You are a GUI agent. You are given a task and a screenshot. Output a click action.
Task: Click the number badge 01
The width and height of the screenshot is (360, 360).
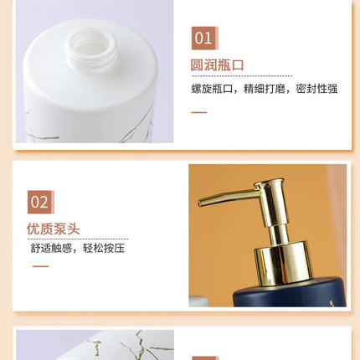click(x=205, y=39)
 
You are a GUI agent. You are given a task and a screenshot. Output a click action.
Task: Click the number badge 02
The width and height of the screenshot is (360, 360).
click(x=41, y=202)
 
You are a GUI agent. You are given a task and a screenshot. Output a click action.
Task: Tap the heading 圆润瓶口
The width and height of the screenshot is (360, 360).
click(x=217, y=65)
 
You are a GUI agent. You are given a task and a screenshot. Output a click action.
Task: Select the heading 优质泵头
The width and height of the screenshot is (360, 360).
click(x=54, y=229)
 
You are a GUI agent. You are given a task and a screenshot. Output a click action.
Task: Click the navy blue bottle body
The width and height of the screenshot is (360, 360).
click(x=291, y=293)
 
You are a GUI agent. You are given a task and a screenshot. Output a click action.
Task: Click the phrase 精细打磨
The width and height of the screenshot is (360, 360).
click(x=265, y=89)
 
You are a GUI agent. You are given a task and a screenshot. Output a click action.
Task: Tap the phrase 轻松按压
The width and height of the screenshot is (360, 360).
click(x=104, y=248)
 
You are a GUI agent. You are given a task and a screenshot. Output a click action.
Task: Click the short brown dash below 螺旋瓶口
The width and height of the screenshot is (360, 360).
click(x=199, y=112)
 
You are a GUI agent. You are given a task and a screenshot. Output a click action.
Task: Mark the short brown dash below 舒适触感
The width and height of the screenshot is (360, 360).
click(x=40, y=266)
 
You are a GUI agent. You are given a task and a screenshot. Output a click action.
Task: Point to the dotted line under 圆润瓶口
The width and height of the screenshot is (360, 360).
click(x=242, y=76)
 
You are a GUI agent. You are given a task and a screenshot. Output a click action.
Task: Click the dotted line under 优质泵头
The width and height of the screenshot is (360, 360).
click(x=78, y=239)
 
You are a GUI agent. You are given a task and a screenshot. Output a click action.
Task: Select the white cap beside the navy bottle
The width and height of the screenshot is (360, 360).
click(x=199, y=301)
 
